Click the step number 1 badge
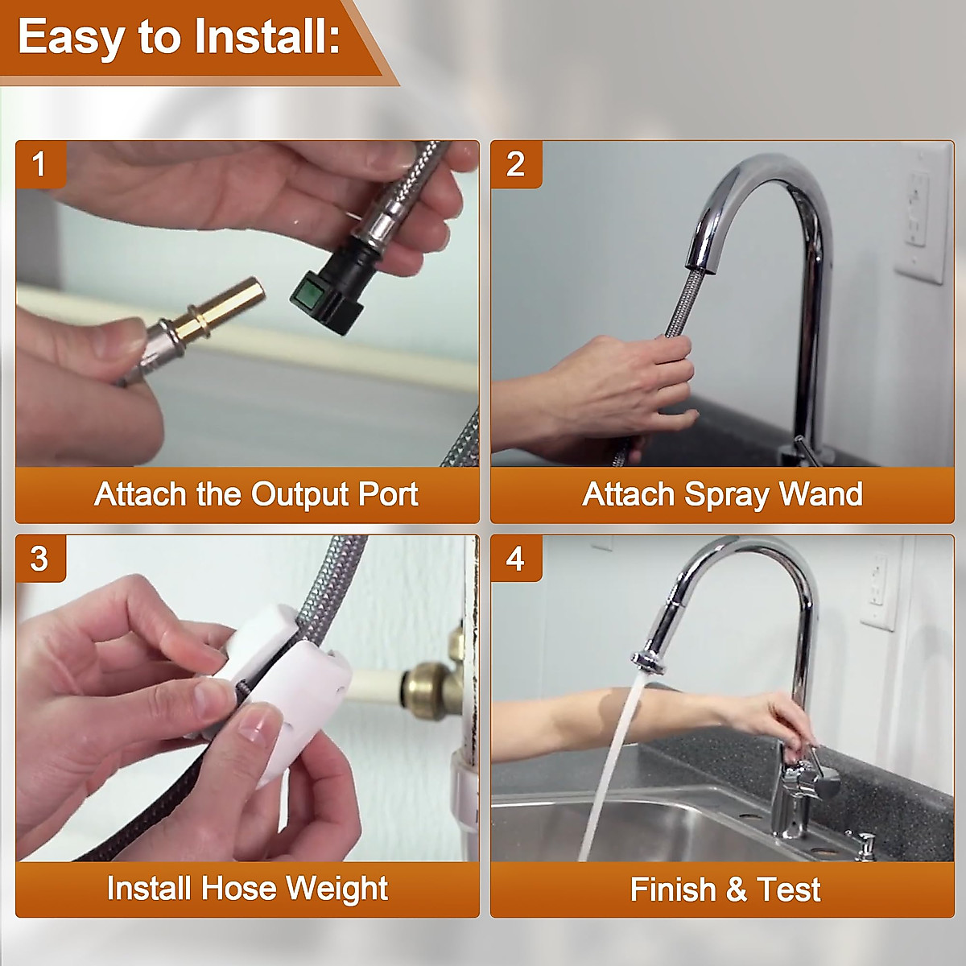click(39, 165)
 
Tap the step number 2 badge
click(516, 165)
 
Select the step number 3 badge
click(39, 559)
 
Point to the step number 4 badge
click(516, 559)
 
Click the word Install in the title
click(265, 37)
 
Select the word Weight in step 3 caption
click(336, 889)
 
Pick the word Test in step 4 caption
click(789, 890)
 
